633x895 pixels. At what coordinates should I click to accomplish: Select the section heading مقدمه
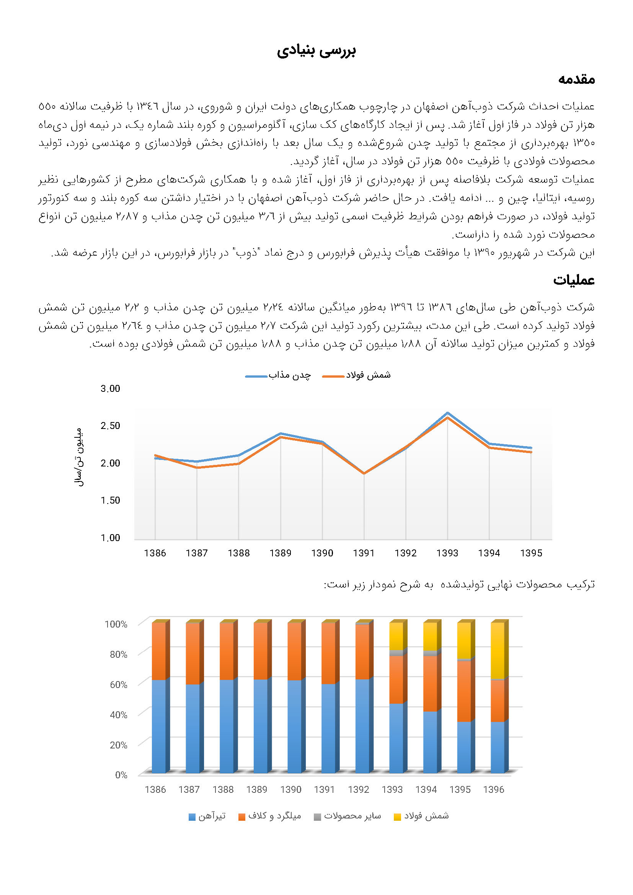(x=576, y=79)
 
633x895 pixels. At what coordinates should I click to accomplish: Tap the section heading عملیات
(x=574, y=280)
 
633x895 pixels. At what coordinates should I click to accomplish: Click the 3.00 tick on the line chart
(x=110, y=388)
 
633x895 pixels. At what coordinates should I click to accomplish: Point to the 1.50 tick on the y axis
(x=110, y=500)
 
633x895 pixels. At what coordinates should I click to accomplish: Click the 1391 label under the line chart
(x=364, y=553)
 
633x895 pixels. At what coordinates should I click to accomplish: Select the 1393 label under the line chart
(x=447, y=553)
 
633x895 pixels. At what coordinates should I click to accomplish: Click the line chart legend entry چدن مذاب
(x=278, y=375)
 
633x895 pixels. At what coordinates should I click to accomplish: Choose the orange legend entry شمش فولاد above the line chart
(x=357, y=375)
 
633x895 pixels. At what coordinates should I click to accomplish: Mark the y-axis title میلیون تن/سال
(x=79, y=457)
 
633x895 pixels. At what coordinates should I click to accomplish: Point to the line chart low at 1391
(x=364, y=473)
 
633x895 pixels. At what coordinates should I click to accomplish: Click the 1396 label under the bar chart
(x=493, y=789)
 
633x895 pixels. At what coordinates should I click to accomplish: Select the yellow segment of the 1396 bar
(x=498, y=650)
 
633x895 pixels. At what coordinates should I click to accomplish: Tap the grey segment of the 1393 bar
(x=396, y=653)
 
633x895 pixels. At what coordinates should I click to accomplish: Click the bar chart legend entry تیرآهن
(x=207, y=816)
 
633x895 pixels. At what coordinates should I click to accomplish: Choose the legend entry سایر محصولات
(x=347, y=816)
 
